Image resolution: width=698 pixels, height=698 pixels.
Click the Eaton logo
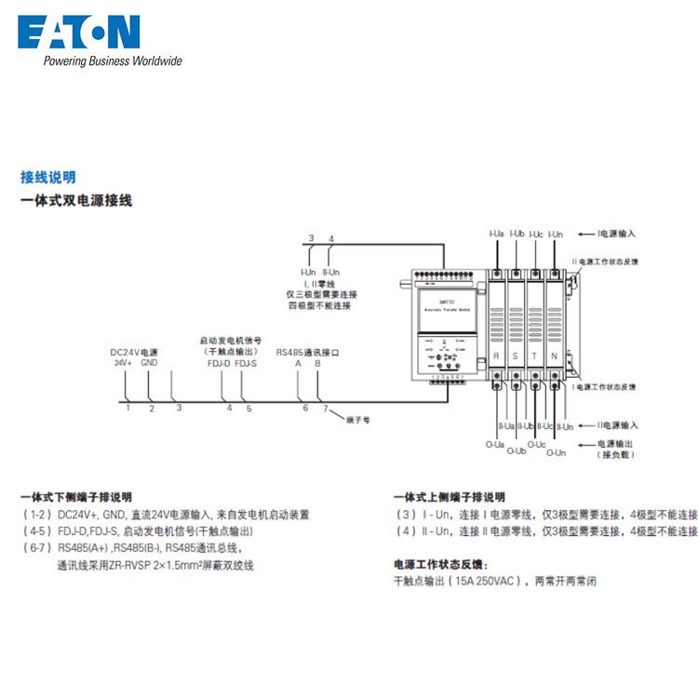pos(79,33)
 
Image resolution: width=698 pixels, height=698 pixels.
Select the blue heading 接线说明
pos(48,177)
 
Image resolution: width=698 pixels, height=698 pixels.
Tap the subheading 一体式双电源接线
pos(76,200)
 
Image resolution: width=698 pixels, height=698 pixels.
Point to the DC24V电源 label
pos(134,352)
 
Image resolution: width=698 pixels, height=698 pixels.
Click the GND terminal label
pos(150,363)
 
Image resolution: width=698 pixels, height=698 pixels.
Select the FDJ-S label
pos(246,363)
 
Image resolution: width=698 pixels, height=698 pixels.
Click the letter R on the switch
pos(498,356)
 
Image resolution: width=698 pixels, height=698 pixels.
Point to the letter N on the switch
pos(555,356)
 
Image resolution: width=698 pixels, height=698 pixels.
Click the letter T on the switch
pos(535,356)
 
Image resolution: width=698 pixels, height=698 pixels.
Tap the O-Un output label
pos(555,452)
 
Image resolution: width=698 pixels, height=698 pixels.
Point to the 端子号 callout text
pos(359,420)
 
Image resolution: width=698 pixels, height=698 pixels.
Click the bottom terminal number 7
pos(325,408)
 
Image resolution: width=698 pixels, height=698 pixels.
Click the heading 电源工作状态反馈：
pos(441,565)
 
